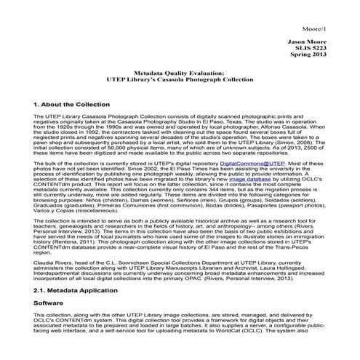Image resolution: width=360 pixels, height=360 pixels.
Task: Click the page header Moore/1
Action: (338, 9)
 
